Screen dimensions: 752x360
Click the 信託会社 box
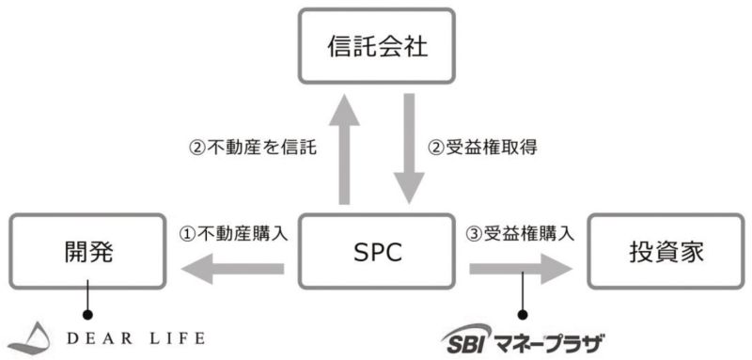tap(377, 46)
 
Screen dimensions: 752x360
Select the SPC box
tap(377, 252)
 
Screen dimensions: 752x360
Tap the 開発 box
tap(87, 252)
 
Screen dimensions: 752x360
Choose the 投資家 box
tap(666, 252)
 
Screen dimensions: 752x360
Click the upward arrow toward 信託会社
tap(344, 149)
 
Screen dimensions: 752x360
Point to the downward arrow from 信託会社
tap(409, 149)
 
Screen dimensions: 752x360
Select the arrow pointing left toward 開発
tap(232, 269)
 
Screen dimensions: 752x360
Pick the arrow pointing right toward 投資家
tap(521, 269)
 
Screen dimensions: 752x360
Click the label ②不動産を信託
tap(253, 148)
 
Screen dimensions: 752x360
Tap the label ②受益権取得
tap(482, 148)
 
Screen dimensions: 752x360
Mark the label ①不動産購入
tap(233, 234)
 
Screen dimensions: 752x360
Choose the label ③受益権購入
tap(520, 234)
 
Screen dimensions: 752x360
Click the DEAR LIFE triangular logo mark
tap(30, 338)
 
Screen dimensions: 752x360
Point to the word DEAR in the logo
tap(100, 338)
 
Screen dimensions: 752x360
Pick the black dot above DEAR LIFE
tap(87, 315)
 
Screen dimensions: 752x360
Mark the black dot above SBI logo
tap(523, 315)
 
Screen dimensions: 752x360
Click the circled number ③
tap(474, 234)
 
